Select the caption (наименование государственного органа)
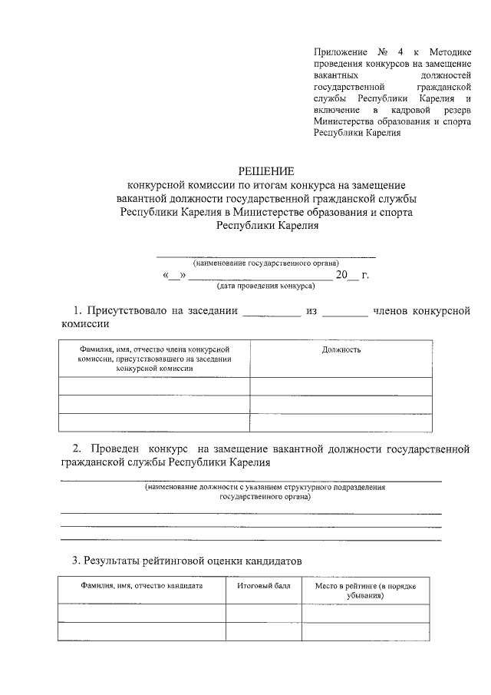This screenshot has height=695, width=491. pos(266,261)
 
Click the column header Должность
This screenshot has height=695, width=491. pos(342,350)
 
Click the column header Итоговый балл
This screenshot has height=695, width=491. pos(263,585)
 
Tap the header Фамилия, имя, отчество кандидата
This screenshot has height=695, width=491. pos(142,585)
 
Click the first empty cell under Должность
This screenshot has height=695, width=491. pos(342,386)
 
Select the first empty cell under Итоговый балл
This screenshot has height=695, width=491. pos(263,613)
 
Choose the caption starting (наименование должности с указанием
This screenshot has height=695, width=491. pos(263,491)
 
